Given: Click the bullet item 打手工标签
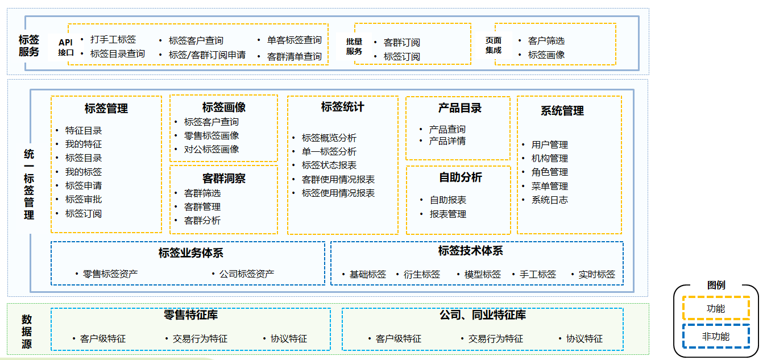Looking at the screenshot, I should tap(113, 40).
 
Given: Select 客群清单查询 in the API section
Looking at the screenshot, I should tap(294, 56).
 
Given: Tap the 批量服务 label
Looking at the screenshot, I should tap(354, 47).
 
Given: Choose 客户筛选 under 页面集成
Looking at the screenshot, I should tap(546, 41).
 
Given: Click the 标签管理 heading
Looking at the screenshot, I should tap(106, 108).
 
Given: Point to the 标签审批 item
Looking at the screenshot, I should tap(84, 200).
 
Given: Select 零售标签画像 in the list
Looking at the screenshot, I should tap(211, 135).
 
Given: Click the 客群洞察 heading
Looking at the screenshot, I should tap(224, 178).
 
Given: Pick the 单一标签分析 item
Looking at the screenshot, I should tap(329, 152).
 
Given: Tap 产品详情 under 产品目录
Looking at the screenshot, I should tap(447, 141).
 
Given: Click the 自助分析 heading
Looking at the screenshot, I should tap(460, 177).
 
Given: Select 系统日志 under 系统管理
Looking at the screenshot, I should tap(549, 200).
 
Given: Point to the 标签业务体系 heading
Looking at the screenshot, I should tap(190, 253).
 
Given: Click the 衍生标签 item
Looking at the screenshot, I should tap(421, 274).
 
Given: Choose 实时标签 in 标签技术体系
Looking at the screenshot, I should tap(596, 274).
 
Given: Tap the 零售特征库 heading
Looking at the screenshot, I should tap(190, 315).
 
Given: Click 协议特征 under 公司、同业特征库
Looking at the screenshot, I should tap(584, 339).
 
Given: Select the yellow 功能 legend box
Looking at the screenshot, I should tap(716, 309).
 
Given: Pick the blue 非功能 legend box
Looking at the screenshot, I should tap(716, 337).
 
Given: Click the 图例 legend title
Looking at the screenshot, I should tap(716, 285).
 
